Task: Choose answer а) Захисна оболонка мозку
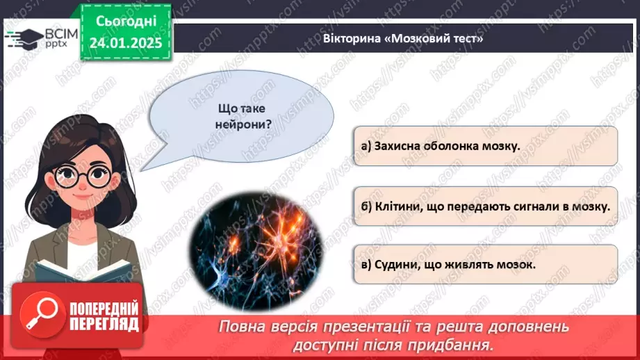point(485,145)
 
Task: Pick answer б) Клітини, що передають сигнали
point(485,206)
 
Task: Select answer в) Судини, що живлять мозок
point(485,265)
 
